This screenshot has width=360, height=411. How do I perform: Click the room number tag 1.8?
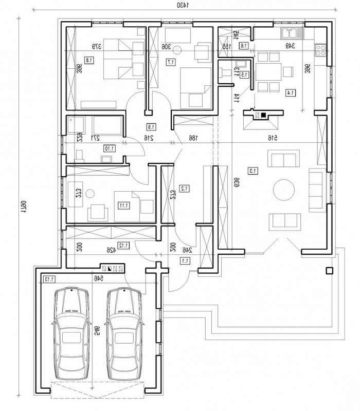coord(89,60)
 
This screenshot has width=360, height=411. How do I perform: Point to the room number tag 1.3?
coord(253,170)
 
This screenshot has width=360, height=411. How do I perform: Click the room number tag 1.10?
coord(109,148)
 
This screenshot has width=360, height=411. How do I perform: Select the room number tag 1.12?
coord(124,245)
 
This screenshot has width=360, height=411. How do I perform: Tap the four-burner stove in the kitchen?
coord(321,50)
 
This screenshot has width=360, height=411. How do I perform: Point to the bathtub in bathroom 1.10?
coord(107,124)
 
